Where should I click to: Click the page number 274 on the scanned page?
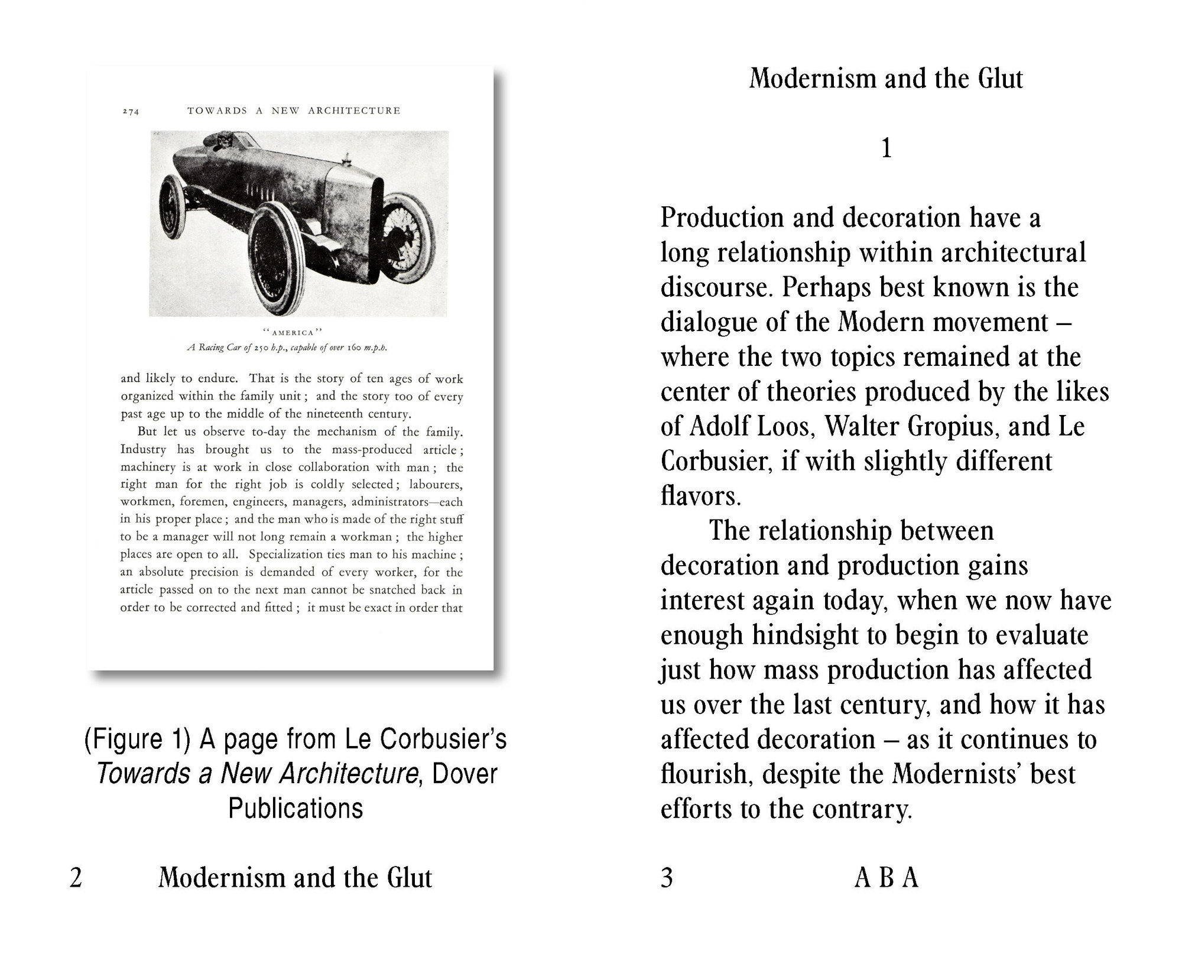point(131,111)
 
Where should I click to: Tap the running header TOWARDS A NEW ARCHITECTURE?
point(294,111)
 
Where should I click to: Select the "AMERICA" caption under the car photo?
point(292,332)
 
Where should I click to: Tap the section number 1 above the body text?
point(886,148)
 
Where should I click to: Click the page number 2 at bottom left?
point(76,878)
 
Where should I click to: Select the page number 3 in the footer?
point(667,878)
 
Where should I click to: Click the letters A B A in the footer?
point(886,878)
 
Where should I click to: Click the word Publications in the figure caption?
point(295,809)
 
